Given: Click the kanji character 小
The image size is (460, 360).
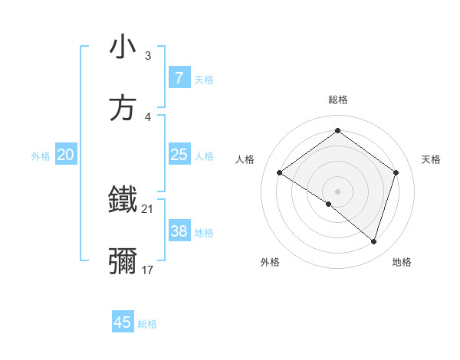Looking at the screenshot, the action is click(123, 47).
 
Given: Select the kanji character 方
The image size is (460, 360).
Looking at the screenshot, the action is click(123, 108).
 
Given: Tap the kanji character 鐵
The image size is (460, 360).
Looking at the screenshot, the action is click(123, 200).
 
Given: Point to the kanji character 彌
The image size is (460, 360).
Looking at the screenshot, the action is click(123, 261).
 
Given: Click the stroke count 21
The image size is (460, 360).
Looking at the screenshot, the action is click(147, 208).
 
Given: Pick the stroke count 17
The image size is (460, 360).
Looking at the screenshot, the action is click(147, 270).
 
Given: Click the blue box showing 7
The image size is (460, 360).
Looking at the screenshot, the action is click(179, 78).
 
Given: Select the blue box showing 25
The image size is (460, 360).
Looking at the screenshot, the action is click(179, 155).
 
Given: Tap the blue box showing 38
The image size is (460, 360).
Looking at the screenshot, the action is click(179, 231).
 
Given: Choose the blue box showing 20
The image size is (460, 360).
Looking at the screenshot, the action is click(65, 155).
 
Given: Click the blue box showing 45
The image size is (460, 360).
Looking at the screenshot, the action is click(123, 322).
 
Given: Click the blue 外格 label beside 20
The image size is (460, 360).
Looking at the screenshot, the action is click(41, 156).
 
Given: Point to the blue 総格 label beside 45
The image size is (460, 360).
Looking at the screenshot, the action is click(147, 324).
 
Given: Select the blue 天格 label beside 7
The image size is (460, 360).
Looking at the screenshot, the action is click(204, 80).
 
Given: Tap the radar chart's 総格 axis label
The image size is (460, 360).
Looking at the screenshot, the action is click(337, 100).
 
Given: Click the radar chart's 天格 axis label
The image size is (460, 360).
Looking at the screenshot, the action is click(432, 159).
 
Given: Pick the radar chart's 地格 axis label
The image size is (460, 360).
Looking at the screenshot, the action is click(402, 262).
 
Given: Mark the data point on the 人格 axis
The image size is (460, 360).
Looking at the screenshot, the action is click(279, 172).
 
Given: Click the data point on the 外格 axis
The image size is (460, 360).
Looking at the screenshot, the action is click(329, 204).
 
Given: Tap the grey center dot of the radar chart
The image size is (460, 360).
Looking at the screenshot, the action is click(337, 191).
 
